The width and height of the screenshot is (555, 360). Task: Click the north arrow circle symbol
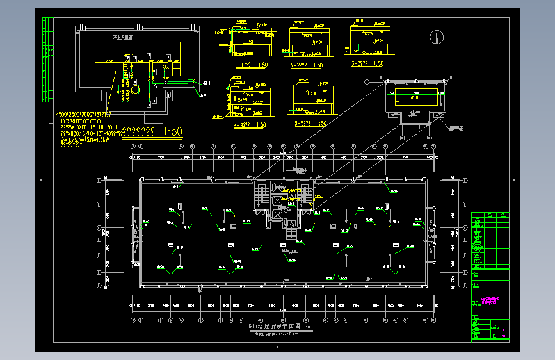click(437, 37)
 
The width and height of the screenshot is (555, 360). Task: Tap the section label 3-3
click(359, 64)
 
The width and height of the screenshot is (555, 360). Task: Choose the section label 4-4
click(242, 124)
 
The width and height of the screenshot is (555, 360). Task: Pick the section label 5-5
click(302, 124)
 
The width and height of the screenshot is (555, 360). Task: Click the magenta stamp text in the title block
click(492, 299)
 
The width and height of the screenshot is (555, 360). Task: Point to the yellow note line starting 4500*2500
click(83, 115)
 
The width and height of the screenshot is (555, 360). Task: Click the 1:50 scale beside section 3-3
click(378, 64)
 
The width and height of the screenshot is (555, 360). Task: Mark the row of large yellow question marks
click(140, 133)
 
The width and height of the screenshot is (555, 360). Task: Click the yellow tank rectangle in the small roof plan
click(416, 97)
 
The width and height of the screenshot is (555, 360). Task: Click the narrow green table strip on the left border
click(47, 61)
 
